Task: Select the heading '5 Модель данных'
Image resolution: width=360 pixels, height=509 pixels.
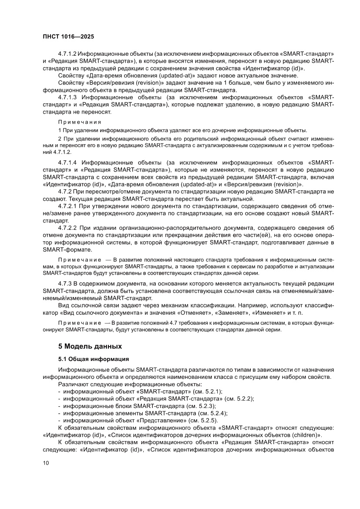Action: [x=90, y=347]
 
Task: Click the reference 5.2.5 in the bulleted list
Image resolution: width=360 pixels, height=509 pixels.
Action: [x=207, y=420]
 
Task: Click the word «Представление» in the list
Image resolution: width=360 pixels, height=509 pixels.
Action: [x=160, y=420]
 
